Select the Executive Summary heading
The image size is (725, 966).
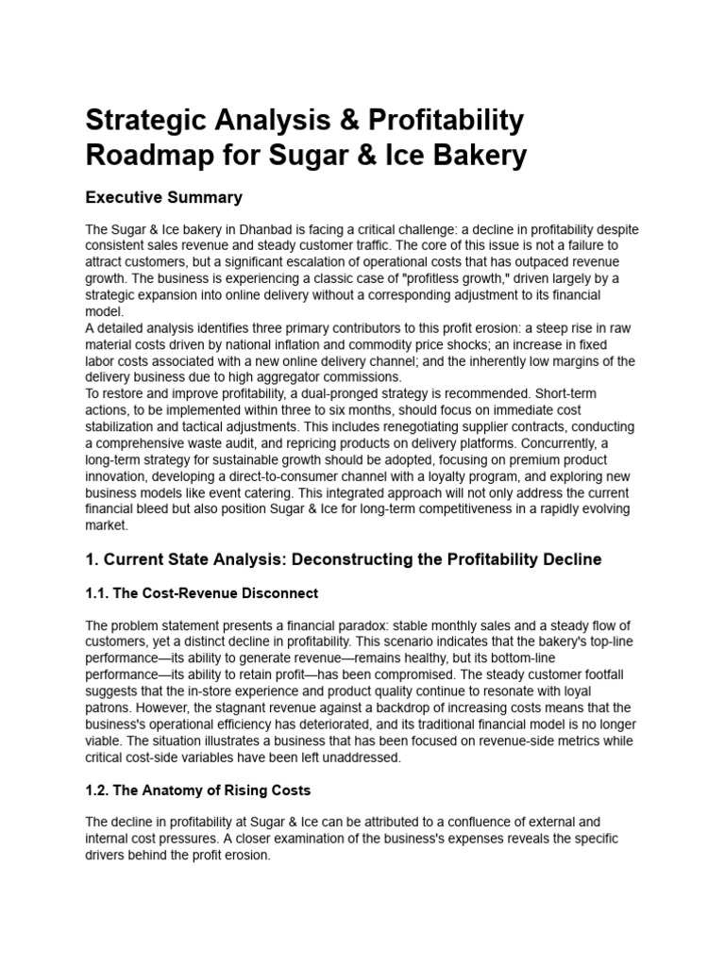point(164,197)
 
